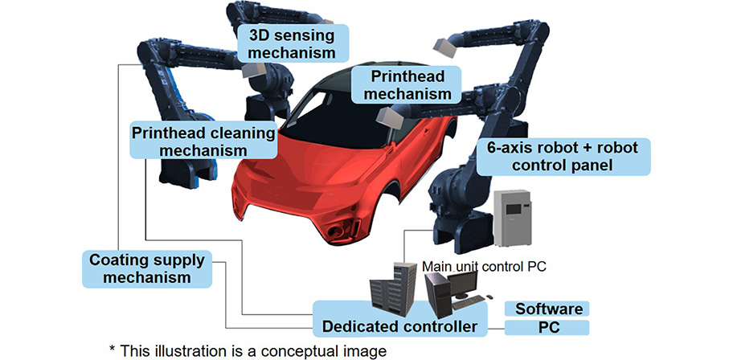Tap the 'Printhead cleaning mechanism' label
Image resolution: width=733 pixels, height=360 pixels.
(x=203, y=140)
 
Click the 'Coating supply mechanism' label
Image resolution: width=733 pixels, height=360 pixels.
(x=147, y=269)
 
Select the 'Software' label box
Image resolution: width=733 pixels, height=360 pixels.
(x=547, y=309)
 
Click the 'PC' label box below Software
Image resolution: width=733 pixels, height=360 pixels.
(x=547, y=328)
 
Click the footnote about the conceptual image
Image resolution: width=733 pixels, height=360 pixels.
(x=230, y=350)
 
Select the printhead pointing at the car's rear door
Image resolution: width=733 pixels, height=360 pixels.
(x=392, y=121)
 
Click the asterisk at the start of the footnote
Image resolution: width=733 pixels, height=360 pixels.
(x=113, y=350)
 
